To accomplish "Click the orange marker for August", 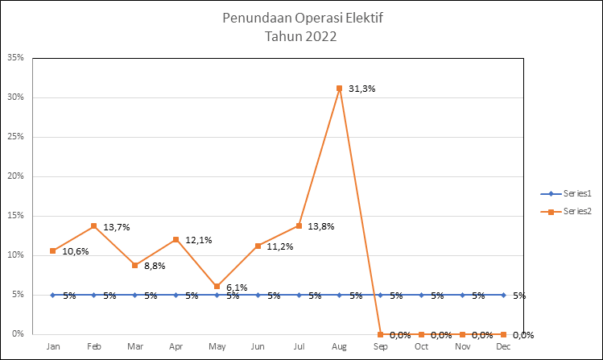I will point(340,88).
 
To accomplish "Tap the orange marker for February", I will point(94,226).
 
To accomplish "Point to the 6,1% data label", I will point(236,287).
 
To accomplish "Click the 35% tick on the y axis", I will point(15,58).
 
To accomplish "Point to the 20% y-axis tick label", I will point(15,176).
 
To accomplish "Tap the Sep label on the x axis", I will point(381,346).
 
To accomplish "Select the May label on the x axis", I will point(217,346).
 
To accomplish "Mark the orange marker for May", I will point(217,286).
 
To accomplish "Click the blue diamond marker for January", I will point(53,295).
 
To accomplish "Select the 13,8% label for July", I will point(321,227).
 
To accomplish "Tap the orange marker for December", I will point(503,334).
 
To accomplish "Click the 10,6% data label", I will point(75,251).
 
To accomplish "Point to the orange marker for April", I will point(176,239).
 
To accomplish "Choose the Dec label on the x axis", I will point(503,346).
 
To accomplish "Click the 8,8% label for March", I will point(155,264).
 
